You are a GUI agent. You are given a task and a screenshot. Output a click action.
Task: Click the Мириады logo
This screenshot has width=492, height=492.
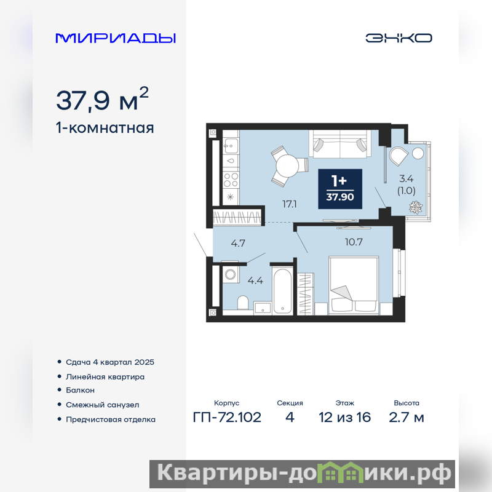tap(116, 38)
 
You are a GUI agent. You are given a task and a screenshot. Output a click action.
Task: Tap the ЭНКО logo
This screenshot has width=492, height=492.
tap(399, 38)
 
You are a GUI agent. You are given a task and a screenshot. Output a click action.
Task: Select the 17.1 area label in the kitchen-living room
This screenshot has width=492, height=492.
tap(289, 204)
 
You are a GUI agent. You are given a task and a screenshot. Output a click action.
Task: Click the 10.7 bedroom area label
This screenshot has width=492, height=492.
tap(354, 242)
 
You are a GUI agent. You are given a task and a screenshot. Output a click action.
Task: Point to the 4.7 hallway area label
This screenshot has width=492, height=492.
tap(238, 243)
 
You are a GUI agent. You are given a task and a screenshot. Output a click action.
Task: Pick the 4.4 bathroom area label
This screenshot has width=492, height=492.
tap(255, 280)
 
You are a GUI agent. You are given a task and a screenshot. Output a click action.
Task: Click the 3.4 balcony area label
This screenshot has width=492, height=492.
tap(406, 178)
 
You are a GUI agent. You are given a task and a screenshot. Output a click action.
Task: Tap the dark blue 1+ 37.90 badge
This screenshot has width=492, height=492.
tap(340, 189)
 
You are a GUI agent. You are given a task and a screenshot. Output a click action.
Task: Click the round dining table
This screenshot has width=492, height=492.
tap(287, 166)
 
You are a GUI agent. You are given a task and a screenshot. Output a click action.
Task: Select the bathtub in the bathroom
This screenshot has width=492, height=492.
tap(283, 291)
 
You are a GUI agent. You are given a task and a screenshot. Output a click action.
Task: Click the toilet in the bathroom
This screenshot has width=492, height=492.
tap(243, 302)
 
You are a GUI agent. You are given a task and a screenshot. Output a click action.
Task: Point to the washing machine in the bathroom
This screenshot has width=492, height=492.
tap(230, 274)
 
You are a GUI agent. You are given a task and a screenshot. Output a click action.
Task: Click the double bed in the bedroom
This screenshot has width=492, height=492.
tap(353, 285)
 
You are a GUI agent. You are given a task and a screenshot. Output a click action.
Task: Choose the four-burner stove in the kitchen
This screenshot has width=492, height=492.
tap(231, 180)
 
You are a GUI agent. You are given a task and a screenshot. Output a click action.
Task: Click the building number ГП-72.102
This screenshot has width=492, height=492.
tap(227, 418)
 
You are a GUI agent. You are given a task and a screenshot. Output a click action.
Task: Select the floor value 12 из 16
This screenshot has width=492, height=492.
tap(344, 418)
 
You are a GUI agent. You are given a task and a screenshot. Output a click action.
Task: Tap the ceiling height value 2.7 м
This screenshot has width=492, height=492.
tap(407, 418)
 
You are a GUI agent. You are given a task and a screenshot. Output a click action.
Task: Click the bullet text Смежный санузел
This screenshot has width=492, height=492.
tap(102, 405)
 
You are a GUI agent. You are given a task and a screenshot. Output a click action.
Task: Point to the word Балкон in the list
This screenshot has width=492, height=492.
tap(80, 390)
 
